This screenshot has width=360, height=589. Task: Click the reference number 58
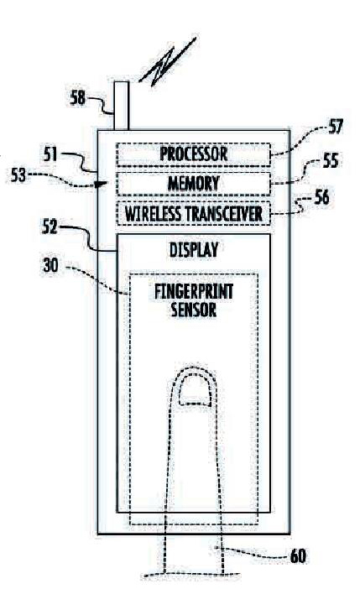pos(78,98)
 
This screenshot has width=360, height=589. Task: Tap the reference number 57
pos(336,127)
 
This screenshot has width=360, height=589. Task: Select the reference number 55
pos(331,160)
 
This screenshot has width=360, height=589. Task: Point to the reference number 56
pos(321,197)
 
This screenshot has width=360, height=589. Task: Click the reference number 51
pos(50,154)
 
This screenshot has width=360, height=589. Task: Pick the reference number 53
pos(18,175)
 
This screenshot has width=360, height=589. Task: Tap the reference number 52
pos(50,227)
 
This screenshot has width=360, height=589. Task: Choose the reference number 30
pos(50,265)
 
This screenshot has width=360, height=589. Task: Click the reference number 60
pos(298,556)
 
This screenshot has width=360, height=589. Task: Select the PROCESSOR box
pos(193,154)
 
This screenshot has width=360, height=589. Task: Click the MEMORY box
pos(193,184)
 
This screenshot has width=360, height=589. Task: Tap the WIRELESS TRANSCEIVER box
pos(193,213)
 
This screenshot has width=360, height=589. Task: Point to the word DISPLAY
pos(194,250)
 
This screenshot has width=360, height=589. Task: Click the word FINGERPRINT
pos(194,292)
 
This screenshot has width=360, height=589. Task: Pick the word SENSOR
pos(194,310)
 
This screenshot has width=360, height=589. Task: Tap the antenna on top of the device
pos(122,106)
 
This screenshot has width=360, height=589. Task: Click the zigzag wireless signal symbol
pos(167,62)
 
